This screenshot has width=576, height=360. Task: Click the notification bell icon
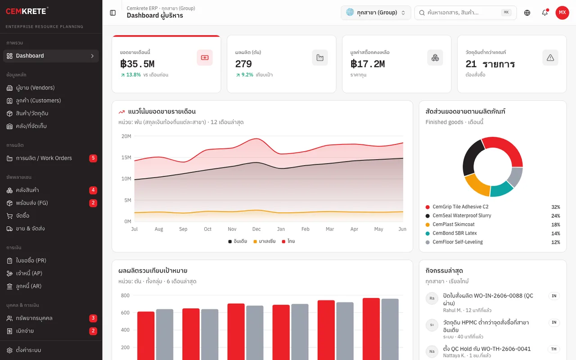[544, 12]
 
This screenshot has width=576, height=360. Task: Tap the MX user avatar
[562, 12]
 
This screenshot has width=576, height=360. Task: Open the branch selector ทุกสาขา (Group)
[376, 13]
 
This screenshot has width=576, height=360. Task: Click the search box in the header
[465, 13]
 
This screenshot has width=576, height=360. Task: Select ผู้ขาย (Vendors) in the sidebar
[35, 88]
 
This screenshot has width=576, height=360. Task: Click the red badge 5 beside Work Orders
[93, 158]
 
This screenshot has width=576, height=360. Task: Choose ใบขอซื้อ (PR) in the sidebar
[31, 261]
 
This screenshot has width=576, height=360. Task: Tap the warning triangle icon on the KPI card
[550, 58]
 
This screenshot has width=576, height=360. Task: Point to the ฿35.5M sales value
[137, 64]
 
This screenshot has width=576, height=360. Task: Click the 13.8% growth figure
[134, 75]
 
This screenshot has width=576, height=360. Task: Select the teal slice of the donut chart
[501, 189]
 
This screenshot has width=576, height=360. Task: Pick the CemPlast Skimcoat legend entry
[450, 224]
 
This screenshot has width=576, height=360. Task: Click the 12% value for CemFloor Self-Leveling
[555, 242]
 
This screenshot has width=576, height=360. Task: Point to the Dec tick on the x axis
[256, 229]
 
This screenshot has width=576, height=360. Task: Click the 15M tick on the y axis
[126, 157]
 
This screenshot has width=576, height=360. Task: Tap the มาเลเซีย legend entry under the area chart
[264, 241]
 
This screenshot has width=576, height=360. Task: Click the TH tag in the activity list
[553, 349]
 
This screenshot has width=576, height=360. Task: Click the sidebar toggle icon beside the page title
[112, 13]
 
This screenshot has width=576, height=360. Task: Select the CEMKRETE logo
[27, 11]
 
